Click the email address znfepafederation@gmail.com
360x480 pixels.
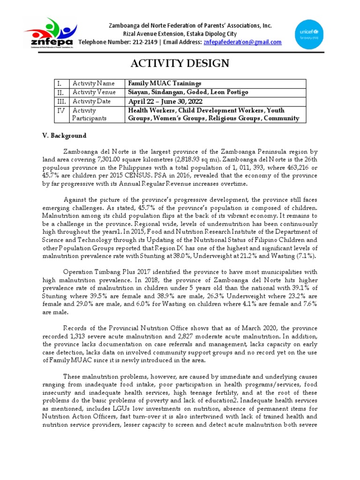242,42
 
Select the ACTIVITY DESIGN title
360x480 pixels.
180,63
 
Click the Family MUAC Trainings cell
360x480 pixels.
156,83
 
